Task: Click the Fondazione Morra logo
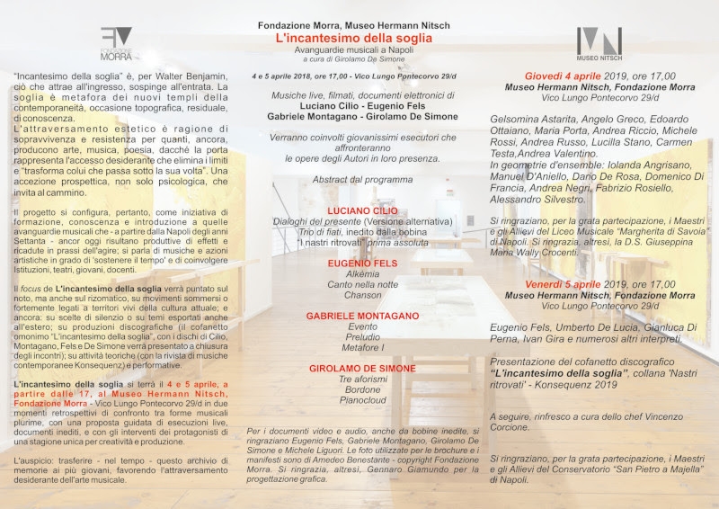[x=116, y=43]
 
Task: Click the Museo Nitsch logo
[x=599, y=43]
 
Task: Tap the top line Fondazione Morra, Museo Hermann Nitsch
[x=353, y=25]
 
